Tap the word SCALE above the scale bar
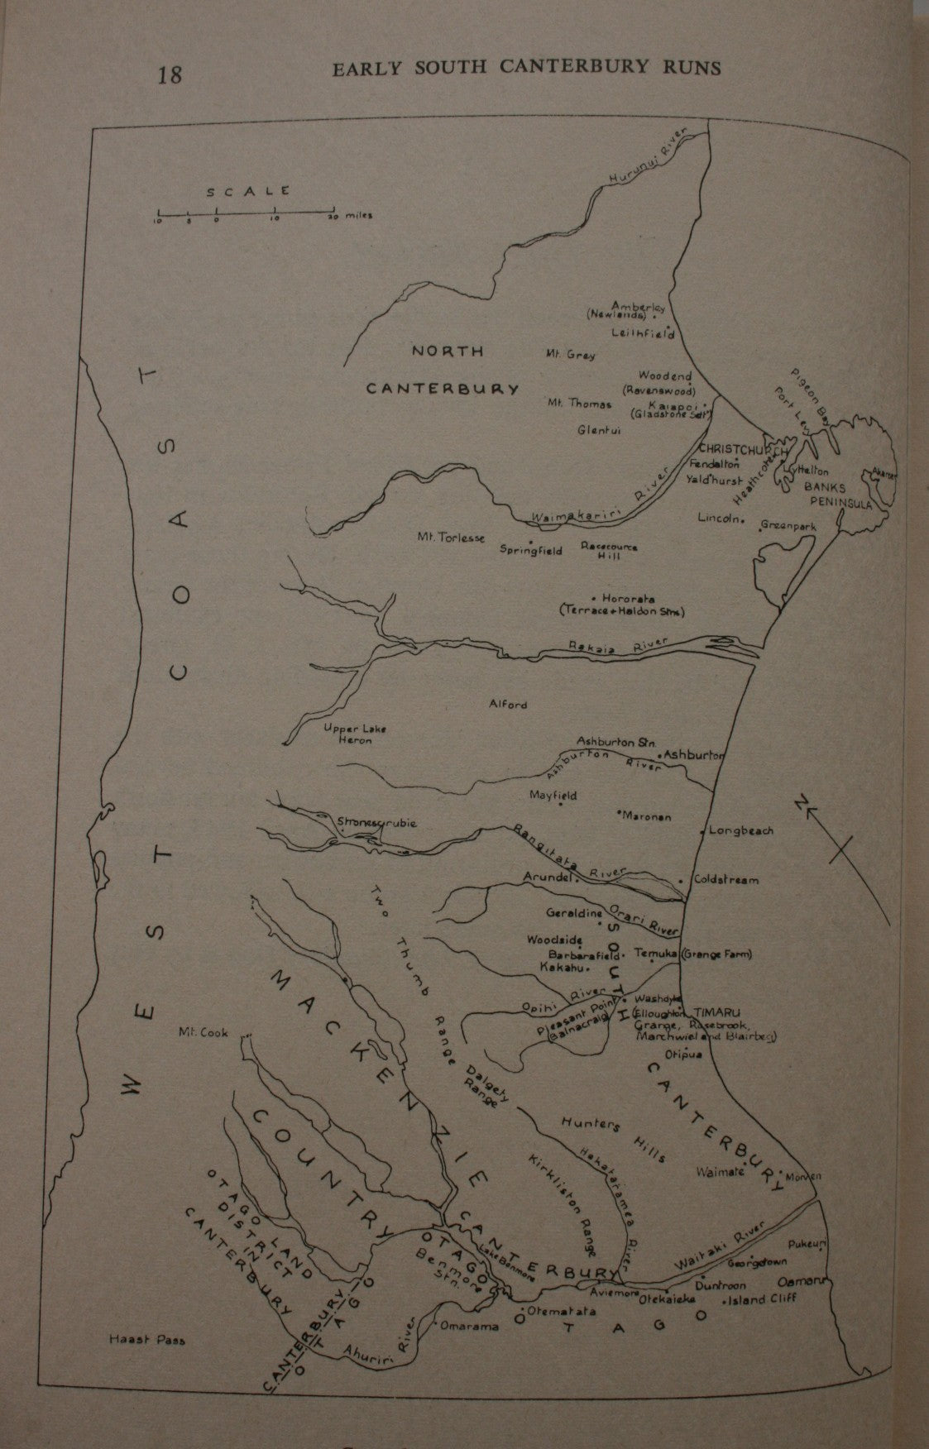pyautogui.click(x=247, y=190)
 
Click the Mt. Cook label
pyautogui.click(x=203, y=1032)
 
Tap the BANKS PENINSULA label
pyautogui.click(x=837, y=495)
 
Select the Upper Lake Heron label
pyautogui.click(x=347, y=734)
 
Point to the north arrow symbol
pyautogui.click(x=834, y=844)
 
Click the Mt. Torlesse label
pyautogui.click(x=451, y=537)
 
